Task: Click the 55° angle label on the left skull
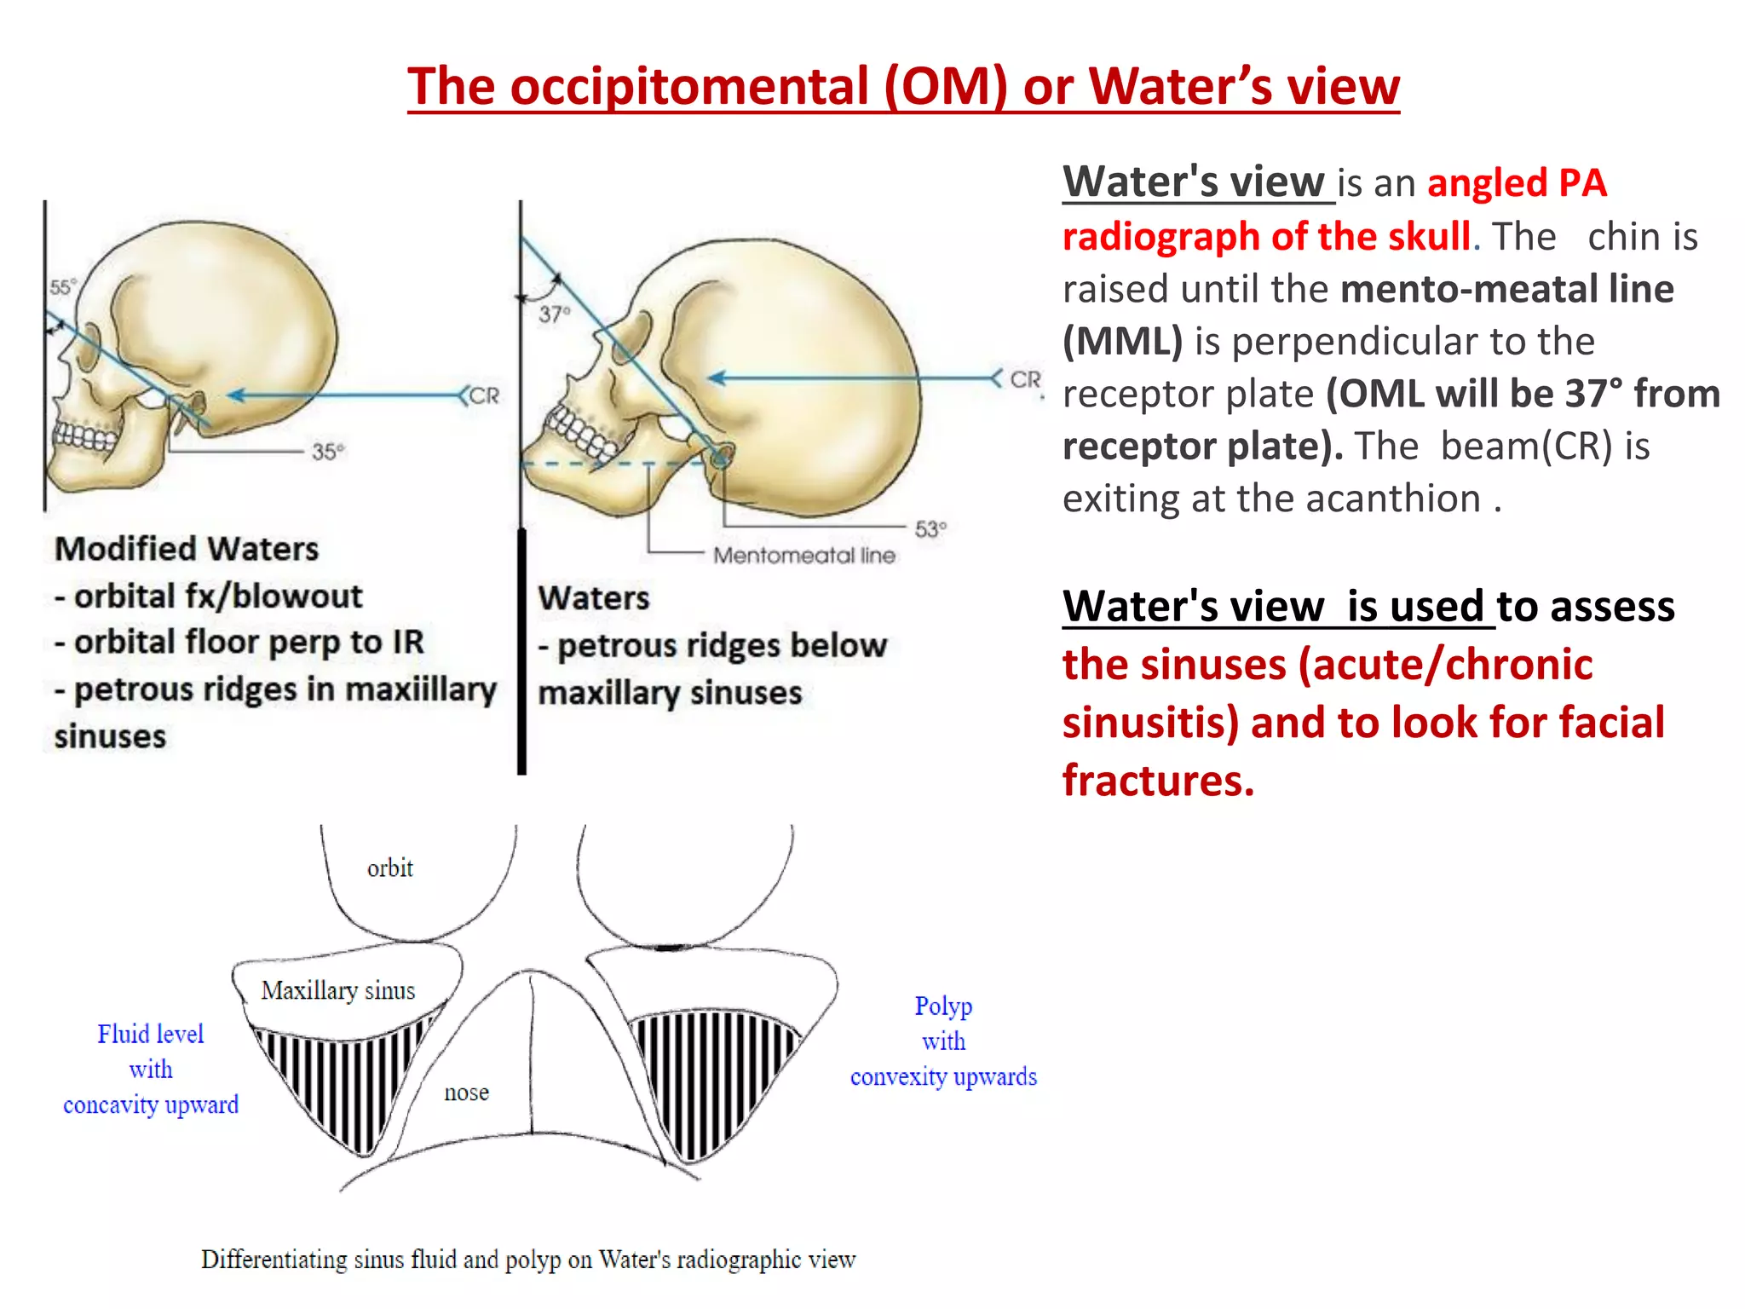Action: (62, 286)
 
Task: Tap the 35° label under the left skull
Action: (328, 451)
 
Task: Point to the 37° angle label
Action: (554, 314)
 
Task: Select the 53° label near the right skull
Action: (930, 529)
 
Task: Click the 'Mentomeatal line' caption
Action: (803, 556)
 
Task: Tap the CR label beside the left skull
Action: (483, 395)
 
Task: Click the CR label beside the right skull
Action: (1025, 379)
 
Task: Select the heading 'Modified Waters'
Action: (187, 549)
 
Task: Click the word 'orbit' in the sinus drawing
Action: (389, 868)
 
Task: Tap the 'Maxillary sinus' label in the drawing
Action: (337, 990)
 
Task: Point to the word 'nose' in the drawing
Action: (466, 1092)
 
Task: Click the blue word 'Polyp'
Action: (943, 1006)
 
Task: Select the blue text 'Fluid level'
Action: (150, 1034)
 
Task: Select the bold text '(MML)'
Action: (1122, 342)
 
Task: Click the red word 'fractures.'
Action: (1158, 780)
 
